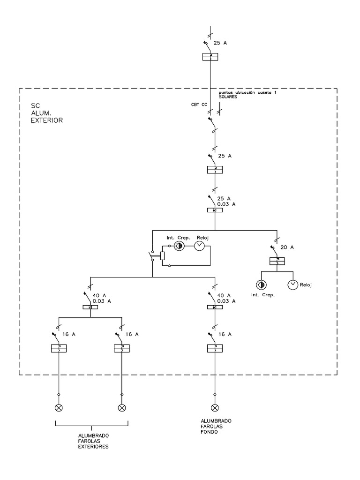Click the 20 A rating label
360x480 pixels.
pyautogui.click(x=287, y=247)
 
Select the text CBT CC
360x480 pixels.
pyautogui.click(x=199, y=105)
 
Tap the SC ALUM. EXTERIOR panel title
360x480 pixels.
pyautogui.click(x=46, y=113)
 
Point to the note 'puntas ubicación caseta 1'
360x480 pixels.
pyautogui.click(x=251, y=94)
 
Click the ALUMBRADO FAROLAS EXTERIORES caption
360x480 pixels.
pyautogui.click(x=93, y=442)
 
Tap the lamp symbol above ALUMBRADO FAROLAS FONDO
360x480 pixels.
pyautogui.click(x=214, y=408)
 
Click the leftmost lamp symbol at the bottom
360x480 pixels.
pyautogui.click(x=59, y=408)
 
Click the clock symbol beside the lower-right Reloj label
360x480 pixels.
pyautogui.click(x=292, y=284)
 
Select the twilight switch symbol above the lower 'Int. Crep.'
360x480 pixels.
pyautogui.click(x=261, y=284)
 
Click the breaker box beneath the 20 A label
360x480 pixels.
pyautogui.click(x=277, y=262)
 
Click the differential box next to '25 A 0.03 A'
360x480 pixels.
pyautogui.click(x=215, y=210)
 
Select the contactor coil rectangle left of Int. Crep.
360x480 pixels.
pyautogui.click(x=162, y=255)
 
